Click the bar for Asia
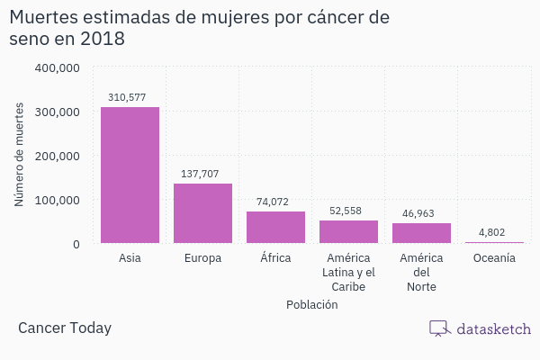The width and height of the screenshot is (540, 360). [x=130, y=175]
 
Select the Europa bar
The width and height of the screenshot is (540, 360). [x=202, y=213]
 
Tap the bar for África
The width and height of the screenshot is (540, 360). [x=275, y=227]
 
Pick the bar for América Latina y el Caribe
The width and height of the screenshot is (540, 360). [x=348, y=231]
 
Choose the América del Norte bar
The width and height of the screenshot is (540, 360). [x=421, y=233]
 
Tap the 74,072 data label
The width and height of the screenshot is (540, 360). [x=273, y=202]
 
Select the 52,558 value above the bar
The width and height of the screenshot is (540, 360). [x=346, y=211]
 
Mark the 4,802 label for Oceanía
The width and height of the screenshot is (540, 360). [x=491, y=232]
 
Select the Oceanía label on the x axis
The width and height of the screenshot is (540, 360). [x=494, y=258]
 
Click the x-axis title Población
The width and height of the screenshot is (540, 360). [x=311, y=304]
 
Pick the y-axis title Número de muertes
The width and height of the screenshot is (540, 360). [x=19, y=155]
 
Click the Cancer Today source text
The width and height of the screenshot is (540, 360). [x=65, y=328]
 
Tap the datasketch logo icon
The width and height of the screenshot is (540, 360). [x=439, y=328]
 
